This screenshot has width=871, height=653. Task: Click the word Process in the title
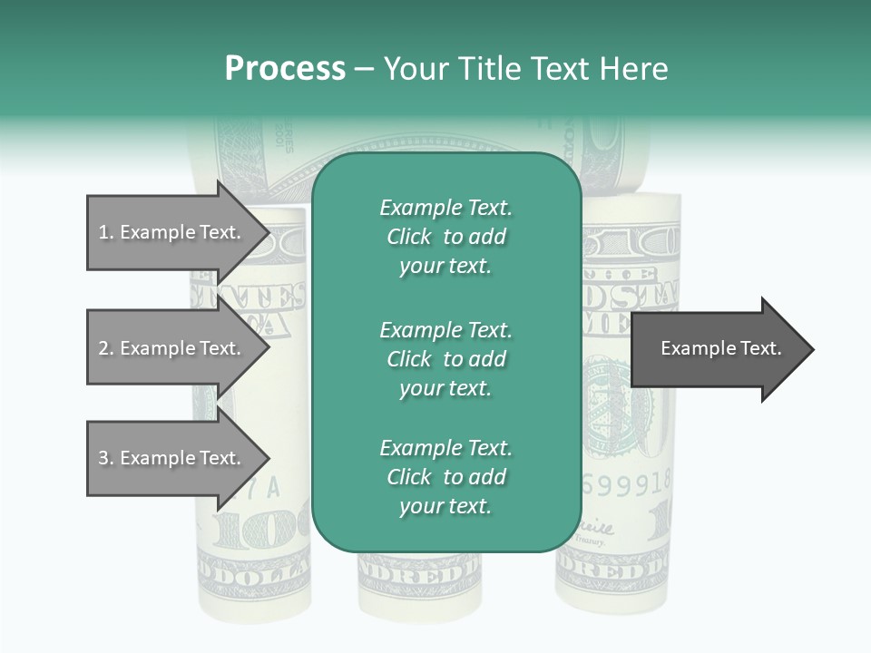[x=285, y=69]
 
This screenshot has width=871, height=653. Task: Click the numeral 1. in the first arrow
[x=105, y=232]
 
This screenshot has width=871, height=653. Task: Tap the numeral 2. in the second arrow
[x=105, y=348]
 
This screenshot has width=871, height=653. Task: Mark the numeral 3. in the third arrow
[x=105, y=458]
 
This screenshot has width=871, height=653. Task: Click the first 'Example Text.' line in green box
[x=445, y=208]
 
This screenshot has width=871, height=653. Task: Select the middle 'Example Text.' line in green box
[x=445, y=329]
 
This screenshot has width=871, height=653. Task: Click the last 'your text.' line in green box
[x=445, y=506]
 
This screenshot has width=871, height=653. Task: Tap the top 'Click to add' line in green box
[x=445, y=237]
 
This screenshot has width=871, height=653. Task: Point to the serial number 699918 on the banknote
[x=626, y=484]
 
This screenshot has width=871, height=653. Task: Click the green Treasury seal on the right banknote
[x=617, y=399]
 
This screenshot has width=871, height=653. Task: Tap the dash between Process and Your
[x=365, y=69]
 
